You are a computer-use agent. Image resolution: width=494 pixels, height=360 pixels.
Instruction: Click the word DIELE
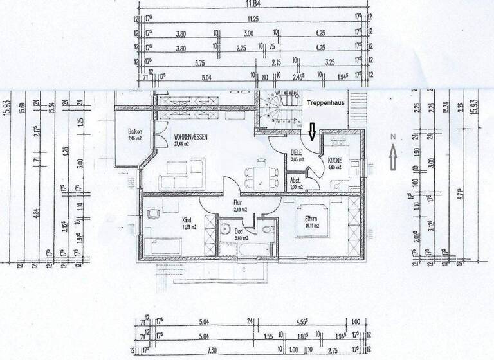pos(297,152)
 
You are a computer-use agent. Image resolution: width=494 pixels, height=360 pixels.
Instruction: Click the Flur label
pos(237,202)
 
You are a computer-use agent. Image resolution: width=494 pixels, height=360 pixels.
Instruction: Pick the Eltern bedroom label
pos(313,219)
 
